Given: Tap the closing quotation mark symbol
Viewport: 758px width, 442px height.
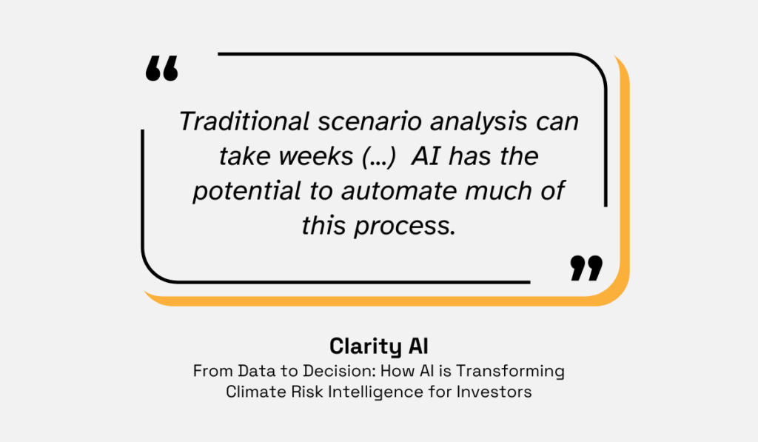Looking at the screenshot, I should pyautogui.click(x=586, y=268).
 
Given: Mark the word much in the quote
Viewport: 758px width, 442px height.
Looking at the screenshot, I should pyautogui.click(x=504, y=190).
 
